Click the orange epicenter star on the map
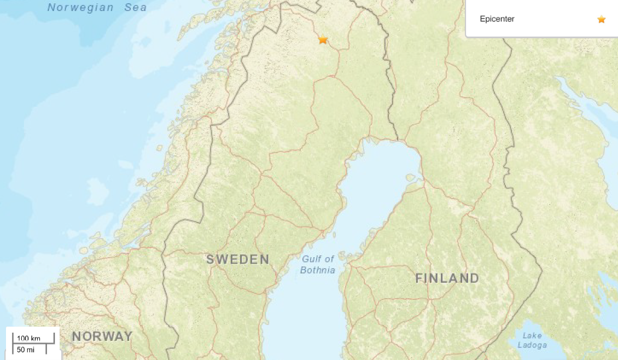pos(323,39)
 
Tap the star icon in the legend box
pos(602,19)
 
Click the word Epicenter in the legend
pos(497,19)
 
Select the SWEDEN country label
pos(238,259)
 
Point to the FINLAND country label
pos(447,278)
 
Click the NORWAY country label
pos(102,336)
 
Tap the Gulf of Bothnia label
pos(318,264)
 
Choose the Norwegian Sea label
pos(97,7)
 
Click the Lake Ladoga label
pos(532,340)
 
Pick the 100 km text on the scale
pos(28,338)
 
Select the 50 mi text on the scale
pos(25,349)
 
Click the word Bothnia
pos(318,270)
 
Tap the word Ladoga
pos(532,345)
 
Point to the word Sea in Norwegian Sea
pos(135,7)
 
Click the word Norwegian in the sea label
pos(80,7)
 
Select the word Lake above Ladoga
pos(532,335)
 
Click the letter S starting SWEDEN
pos(210,259)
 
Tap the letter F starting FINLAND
pos(419,278)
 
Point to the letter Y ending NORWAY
pos(128,336)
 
